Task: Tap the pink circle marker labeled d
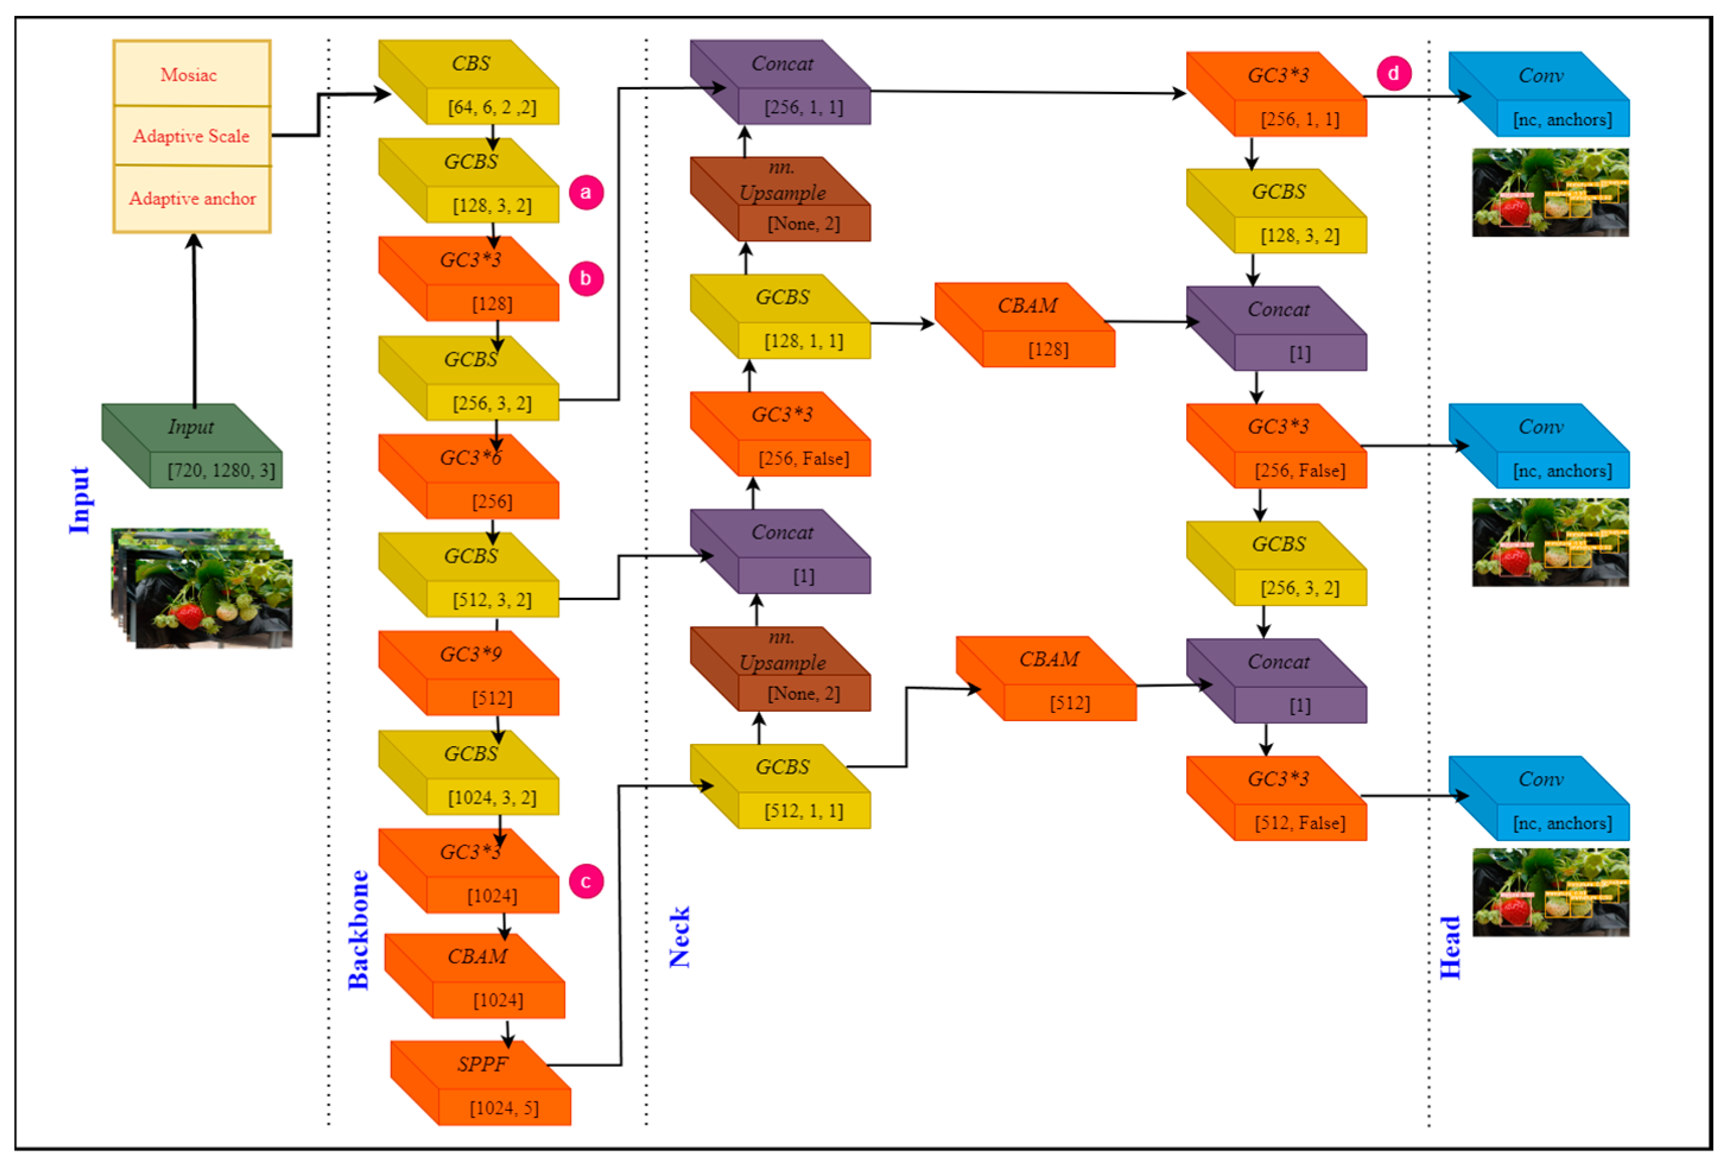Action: point(1393,74)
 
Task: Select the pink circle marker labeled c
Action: point(586,881)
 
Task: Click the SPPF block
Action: point(481,1083)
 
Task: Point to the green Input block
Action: point(192,445)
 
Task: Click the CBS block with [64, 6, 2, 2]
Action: point(469,82)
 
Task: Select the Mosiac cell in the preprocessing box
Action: point(191,74)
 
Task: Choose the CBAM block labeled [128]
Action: point(1026,325)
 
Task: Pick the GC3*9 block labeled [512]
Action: point(469,674)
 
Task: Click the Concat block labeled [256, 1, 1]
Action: point(780,82)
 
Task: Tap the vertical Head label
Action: point(1450,948)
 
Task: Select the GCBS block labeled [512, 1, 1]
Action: point(780,786)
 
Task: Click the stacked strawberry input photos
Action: point(202,588)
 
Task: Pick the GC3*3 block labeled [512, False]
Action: point(1277,798)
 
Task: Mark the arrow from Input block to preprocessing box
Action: point(195,319)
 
